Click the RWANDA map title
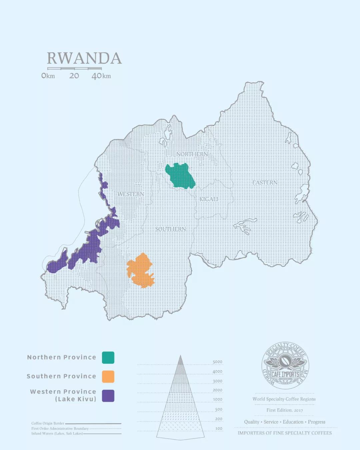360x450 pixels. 84,58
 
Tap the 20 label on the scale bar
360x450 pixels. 74,76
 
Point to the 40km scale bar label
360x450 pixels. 101,76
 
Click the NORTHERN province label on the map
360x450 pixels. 192,154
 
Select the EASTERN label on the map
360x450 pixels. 265,183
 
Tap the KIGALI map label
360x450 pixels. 209,199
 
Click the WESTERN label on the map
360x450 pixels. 131,194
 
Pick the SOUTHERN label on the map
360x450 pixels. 170,229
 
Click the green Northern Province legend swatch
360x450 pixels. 108,357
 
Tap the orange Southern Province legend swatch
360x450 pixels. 108,376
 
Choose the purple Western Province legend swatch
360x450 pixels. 108,396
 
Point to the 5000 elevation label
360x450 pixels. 217,362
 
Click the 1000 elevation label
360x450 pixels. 218,399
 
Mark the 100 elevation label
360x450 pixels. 219,429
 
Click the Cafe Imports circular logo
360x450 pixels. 285,366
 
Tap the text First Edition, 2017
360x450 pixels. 284,410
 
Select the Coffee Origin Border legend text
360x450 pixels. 48,423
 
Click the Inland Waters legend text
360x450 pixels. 57,434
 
